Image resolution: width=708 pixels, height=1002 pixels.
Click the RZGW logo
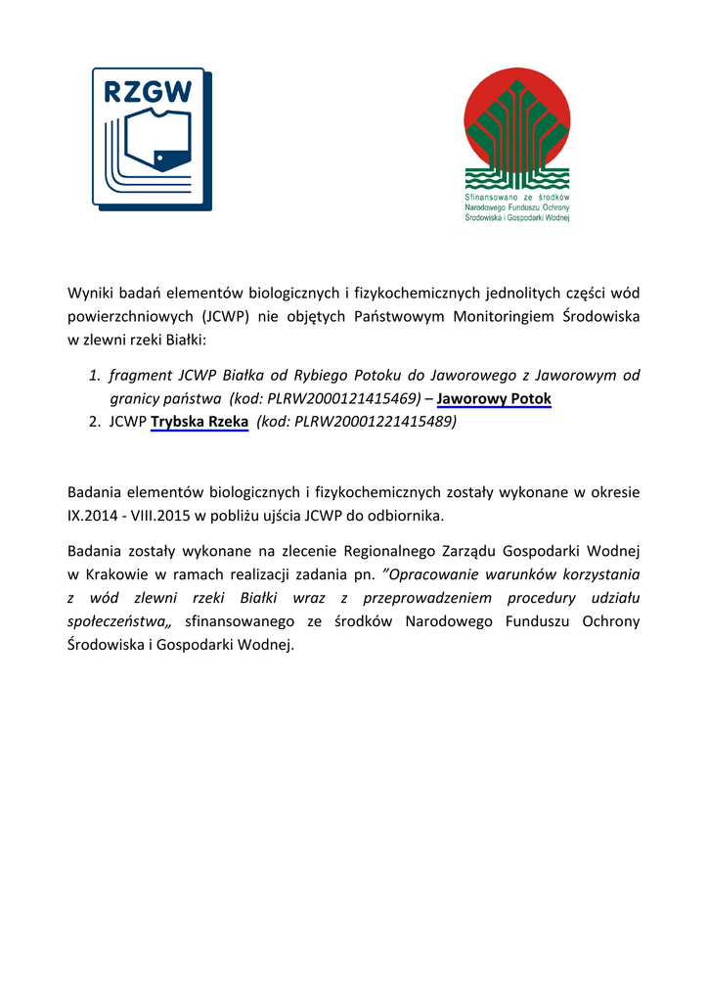point(153,138)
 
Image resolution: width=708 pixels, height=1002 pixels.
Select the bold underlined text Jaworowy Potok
point(494,399)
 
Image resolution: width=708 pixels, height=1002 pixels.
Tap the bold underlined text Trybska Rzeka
point(199,423)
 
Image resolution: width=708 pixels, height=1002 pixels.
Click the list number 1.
point(95,376)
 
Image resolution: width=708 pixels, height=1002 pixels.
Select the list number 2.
point(95,423)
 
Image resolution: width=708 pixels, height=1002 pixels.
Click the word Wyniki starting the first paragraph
point(90,293)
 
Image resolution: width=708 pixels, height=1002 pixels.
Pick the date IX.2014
point(94,515)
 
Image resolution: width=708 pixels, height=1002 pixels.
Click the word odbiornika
point(408,515)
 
